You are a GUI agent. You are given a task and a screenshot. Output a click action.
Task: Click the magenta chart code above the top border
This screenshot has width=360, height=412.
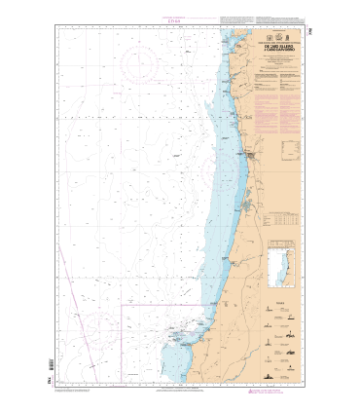tap(181, 17)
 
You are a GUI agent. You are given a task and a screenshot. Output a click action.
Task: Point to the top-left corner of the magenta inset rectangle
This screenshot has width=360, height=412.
tap(121, 305)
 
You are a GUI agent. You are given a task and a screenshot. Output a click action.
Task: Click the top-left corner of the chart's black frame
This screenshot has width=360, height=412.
tap(56, 25)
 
